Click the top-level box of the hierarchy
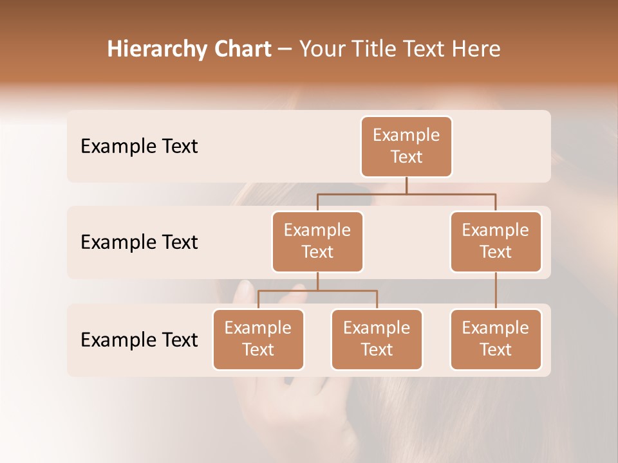point(406,146)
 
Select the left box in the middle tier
point(317,241)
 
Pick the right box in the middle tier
point(496,241)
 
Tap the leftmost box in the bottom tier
point(258,339)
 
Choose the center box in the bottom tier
point(377,339)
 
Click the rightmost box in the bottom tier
point(496,339)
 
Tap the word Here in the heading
point(478,49)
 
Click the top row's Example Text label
point(139,147)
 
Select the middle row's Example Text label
point(139,242)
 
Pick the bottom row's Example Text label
point(139,340)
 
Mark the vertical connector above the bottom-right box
point(496,291)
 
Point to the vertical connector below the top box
point(406,185)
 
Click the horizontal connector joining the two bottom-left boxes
point(317,291)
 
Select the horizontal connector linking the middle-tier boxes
point(406,194)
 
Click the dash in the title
point(285,49)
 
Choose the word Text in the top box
point(406,157)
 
